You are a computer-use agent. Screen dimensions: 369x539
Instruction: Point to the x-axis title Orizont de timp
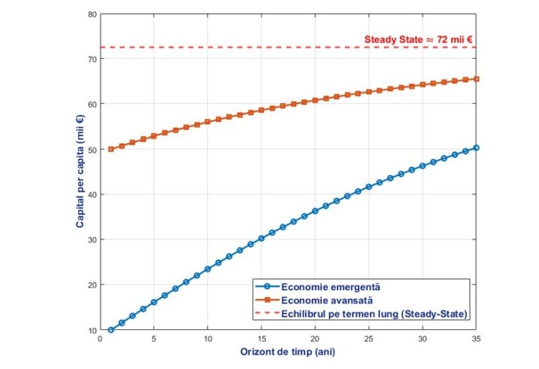(288, 351)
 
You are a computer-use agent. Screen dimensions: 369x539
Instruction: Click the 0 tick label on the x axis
(100, 339)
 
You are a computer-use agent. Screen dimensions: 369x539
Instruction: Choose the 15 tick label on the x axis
(261, 339)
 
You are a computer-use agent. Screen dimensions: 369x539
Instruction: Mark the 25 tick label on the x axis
(369, 339)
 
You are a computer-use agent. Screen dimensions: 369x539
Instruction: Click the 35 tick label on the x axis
(476, 339)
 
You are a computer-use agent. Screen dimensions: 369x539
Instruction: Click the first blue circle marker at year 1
(111, 330)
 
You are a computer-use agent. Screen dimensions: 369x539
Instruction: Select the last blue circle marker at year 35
(476, 147)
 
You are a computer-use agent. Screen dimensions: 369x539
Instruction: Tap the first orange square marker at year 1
(111, 149)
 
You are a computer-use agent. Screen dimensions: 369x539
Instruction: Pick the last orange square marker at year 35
(476, 79)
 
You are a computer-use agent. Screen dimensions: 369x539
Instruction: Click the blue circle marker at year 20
(315, 211)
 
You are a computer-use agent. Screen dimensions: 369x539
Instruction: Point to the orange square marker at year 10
(208, 122)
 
